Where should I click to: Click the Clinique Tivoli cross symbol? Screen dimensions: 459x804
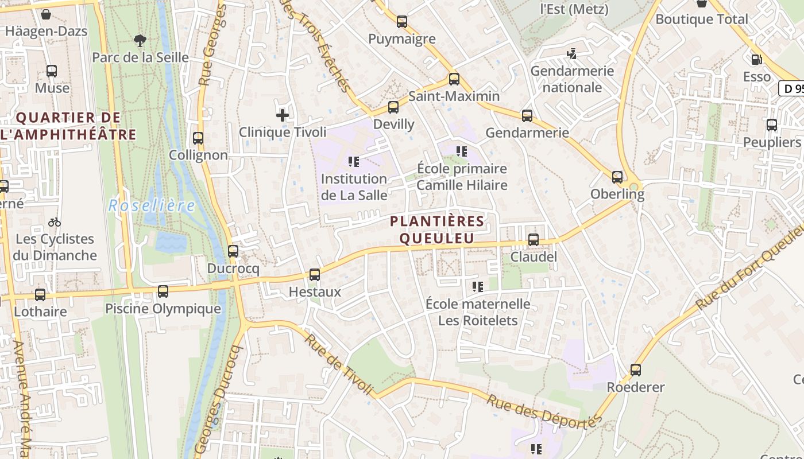[x=282, y=115]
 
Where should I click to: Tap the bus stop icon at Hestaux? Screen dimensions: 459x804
[x=315, y=275]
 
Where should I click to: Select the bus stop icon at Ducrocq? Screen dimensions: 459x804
[x=233, y=251]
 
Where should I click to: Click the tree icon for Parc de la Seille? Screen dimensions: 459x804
[x=140, y=40]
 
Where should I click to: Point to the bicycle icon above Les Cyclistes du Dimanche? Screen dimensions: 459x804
[x=55, y=222]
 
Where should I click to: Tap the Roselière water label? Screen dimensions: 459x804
[x=152, y=205]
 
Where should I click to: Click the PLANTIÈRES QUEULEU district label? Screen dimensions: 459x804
[x=437, y=229]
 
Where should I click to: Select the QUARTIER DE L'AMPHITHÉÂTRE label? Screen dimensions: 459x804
[x=69, y=126]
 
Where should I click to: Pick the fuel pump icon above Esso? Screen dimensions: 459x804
[x=756, y=59]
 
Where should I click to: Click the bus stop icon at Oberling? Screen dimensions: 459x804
[x=617, y=177]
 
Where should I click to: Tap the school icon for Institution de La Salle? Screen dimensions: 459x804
[x=354, y=162]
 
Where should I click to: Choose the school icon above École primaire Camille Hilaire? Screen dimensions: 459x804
[x=462, y=151]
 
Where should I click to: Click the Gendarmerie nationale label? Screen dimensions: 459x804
[x=572, y=79]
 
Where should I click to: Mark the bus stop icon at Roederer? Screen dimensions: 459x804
[x=635, y=370]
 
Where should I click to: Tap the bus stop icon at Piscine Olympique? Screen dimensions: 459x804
[x=163, y=291]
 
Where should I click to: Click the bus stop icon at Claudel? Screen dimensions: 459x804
[x=534, y=240]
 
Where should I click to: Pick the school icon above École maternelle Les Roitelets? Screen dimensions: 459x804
[x=478, y=286]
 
